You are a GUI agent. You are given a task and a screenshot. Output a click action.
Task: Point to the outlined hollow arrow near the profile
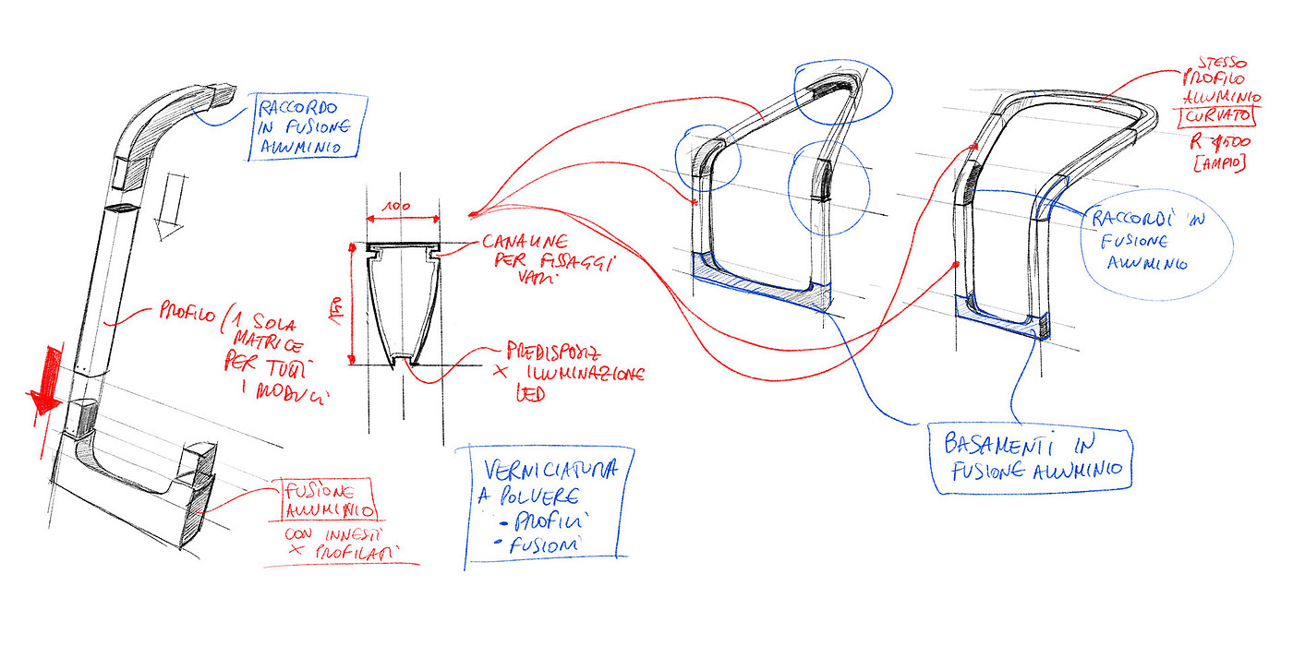170,208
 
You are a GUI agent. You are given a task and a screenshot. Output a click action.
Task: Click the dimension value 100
400,209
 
